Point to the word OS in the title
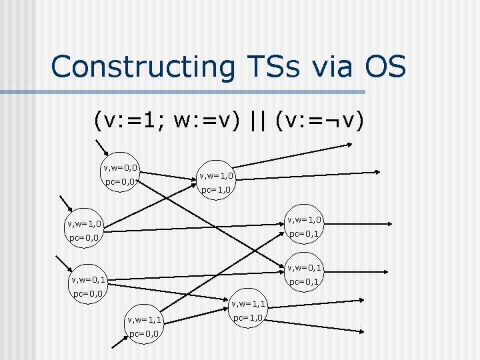coord(385,67)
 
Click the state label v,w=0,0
coord(120,167)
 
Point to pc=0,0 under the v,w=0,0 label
coord(120,181)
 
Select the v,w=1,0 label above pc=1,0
coord(216,177)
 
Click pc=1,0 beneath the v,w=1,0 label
coord(216,190)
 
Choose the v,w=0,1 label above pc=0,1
coord(304,268)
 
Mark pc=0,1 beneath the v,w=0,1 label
coord(304,281)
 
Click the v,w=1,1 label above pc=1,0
coord(249,305)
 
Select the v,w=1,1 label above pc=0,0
coord(145,320)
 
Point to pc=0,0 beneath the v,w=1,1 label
coord(145,333)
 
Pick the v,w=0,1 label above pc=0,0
coord(89,280)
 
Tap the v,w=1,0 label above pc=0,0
coord(84,223)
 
